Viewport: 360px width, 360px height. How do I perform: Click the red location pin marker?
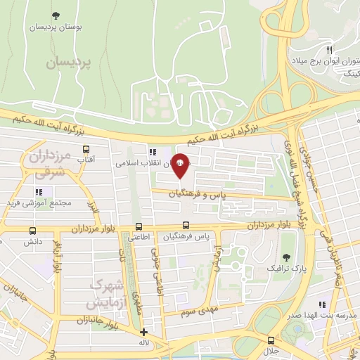click(180, 165)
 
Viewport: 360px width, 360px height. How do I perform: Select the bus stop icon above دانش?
click(32, 231)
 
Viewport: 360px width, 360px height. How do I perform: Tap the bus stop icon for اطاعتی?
click(139, 226)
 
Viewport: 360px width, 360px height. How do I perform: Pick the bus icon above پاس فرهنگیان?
click(185, 225)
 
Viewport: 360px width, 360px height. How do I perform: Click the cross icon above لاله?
click(144, 333)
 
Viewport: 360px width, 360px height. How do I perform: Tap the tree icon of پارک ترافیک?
click(285, 257)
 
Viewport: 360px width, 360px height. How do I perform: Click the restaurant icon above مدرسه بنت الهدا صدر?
click(322, 304)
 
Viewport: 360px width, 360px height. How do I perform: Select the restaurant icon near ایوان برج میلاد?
click(330, 50)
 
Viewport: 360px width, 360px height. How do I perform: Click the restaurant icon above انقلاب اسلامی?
click(152, 151)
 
